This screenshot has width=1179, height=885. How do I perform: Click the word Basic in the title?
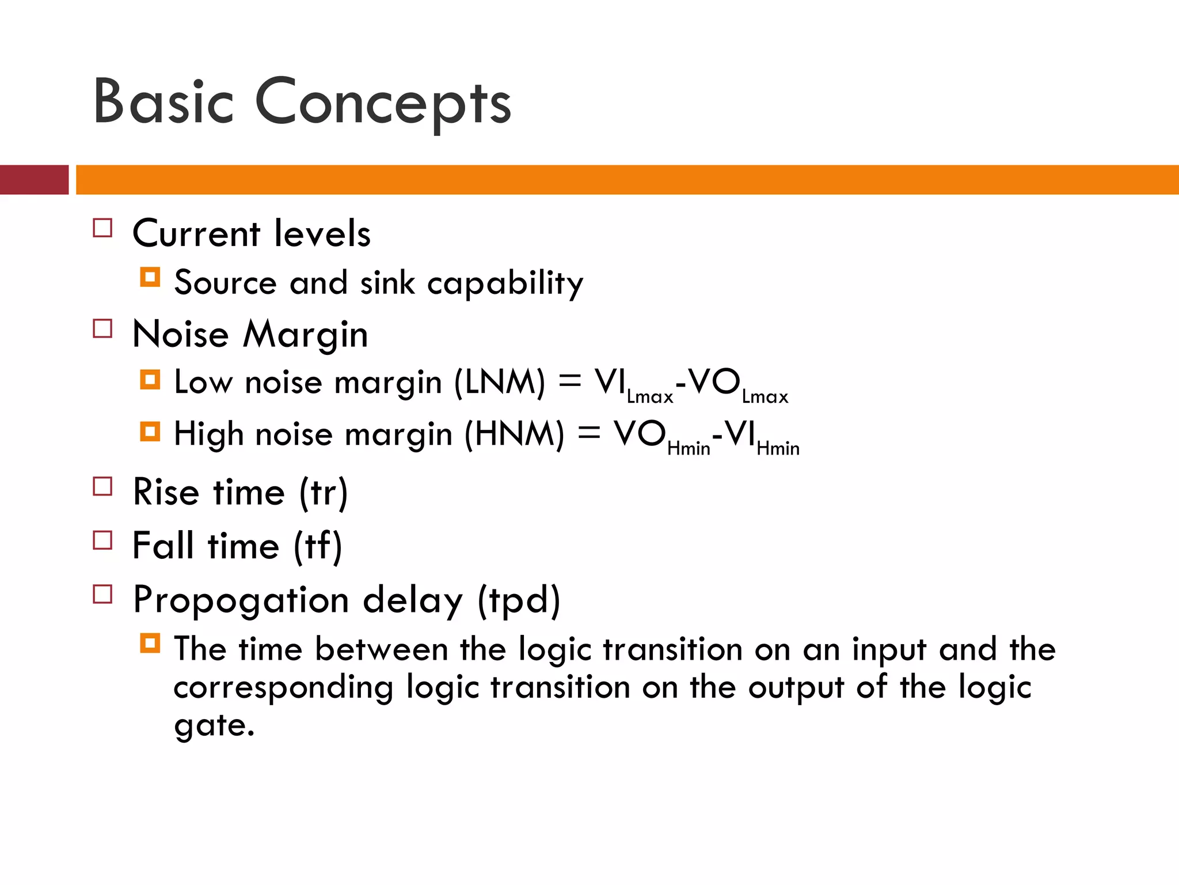(x=163, y=102)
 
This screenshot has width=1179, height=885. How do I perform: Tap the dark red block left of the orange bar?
(x=34, y=180)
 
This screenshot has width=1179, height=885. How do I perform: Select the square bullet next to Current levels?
(x=102, y=228)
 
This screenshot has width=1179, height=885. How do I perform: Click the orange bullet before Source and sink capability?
(x=150, y=277)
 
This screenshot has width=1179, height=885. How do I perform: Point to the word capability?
(x=505, y=283)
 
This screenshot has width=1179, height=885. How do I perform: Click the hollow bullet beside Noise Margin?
(x=102, y=328)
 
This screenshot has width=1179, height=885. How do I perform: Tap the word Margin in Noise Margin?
(x=305, y=335)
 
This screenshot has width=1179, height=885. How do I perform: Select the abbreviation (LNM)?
(x=499, y=383)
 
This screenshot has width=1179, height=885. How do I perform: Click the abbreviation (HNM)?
(x=514, y=434)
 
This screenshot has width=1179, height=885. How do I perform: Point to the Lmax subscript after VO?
(x=765, y=396)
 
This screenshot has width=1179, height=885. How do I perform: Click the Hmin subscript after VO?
(x=689, y=448)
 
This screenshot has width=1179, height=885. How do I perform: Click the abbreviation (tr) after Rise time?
(x=324, y=493)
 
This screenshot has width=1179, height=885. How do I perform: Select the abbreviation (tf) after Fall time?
(x=318, y=546)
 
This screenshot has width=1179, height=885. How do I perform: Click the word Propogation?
(x=241, y=600)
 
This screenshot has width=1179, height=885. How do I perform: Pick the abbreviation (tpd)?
(x=519, y=600)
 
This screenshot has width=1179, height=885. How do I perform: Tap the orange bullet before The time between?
(x=150, y=643)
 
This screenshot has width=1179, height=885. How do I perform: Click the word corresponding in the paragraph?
(x=283, y=688)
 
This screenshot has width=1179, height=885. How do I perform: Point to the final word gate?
(x=214, y=725)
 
